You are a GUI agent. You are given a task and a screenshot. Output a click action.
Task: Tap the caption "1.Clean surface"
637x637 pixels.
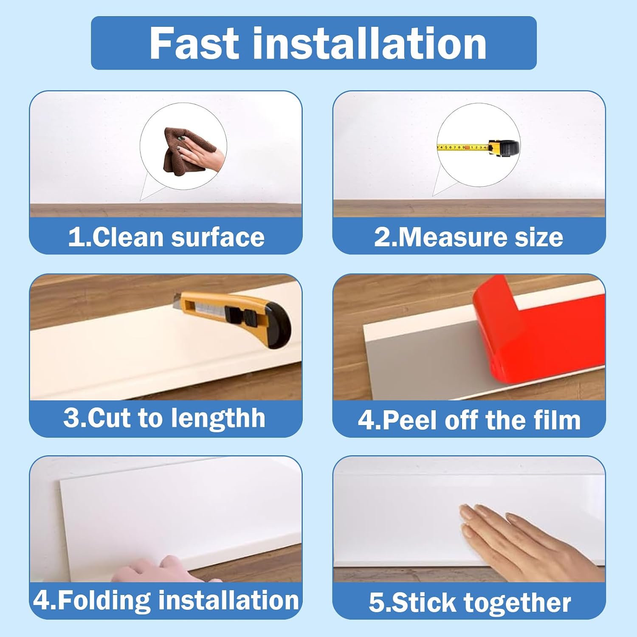[166, 237]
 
